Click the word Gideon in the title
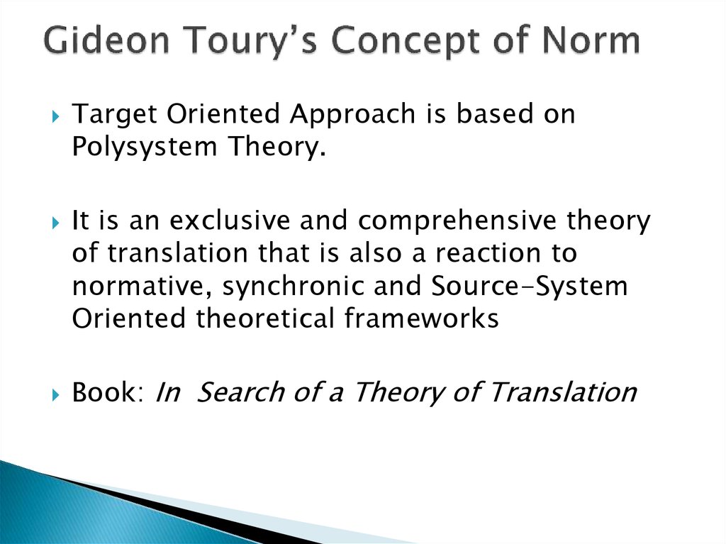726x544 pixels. [x=107, y=40]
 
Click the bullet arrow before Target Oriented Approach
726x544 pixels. [x=56, y=116]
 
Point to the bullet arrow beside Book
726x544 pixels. [x=56, y=395]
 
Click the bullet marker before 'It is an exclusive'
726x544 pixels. [x=56, y=223]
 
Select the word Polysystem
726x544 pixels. [x=145, y=148]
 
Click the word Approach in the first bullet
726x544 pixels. [x=352, y=115]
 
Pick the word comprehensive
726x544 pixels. [x=457, y=221]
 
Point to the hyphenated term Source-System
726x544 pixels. [x=529, y=287]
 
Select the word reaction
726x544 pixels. [x=488, y=253]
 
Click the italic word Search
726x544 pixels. [x=241, y=392]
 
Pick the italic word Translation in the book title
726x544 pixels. [x=564, y=392]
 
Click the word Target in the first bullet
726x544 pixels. [x=114, y=115]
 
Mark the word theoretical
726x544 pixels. [x=265, y=318]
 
